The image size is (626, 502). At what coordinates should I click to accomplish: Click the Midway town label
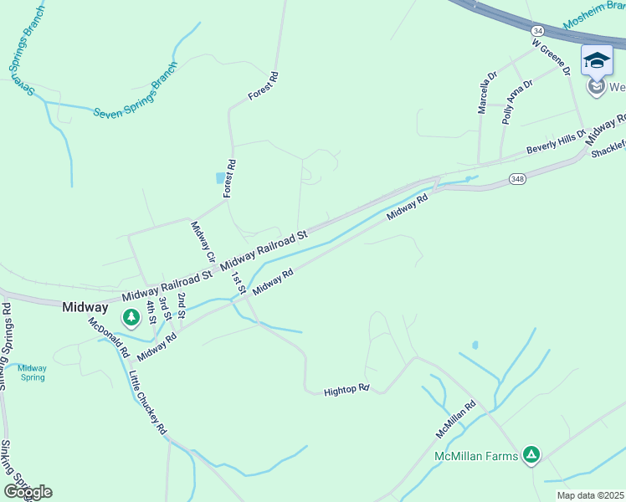coord(85,307)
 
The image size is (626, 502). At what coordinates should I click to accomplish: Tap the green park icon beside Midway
coord(131,317)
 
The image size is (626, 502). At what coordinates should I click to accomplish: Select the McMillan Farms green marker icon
coord(530,454)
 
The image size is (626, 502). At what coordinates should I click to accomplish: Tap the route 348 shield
coord(516,180)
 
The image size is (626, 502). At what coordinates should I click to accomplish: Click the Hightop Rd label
coord(346,390)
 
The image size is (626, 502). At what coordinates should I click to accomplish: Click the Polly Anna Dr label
coord(517,102)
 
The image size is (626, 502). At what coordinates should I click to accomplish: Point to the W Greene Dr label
coord(551,56)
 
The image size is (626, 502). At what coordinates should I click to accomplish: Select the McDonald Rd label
coord(107,333)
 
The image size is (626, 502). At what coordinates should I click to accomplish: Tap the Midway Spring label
coord(32,372)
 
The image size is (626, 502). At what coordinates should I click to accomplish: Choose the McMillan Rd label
coord(455,419)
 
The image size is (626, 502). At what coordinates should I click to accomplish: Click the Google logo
coord(28,492)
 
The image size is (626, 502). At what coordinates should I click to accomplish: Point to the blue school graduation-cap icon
coord(597,60)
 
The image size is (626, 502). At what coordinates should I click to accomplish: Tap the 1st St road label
coord(239,283)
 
